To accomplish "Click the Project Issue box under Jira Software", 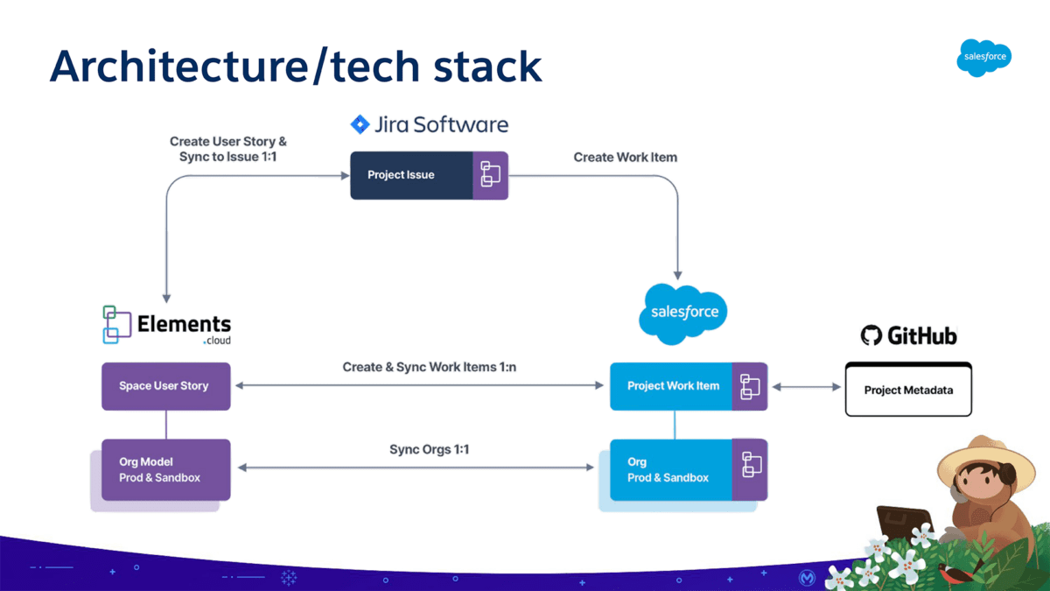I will (411, 175).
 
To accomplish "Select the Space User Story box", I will (165, 386).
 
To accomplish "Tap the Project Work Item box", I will (672, 386).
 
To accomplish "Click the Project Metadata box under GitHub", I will (908, 390).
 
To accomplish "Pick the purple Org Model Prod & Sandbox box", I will (165, 469).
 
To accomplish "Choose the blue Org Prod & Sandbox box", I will (670, 469).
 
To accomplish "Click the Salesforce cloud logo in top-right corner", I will (984, 58).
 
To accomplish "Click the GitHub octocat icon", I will (871, 335).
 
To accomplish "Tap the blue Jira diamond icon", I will (360, 124).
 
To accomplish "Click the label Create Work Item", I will (625, 157).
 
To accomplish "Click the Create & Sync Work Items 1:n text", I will (429, 367).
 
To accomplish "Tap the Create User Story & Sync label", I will (227, 149).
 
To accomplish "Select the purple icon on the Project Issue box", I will (490, 175).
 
